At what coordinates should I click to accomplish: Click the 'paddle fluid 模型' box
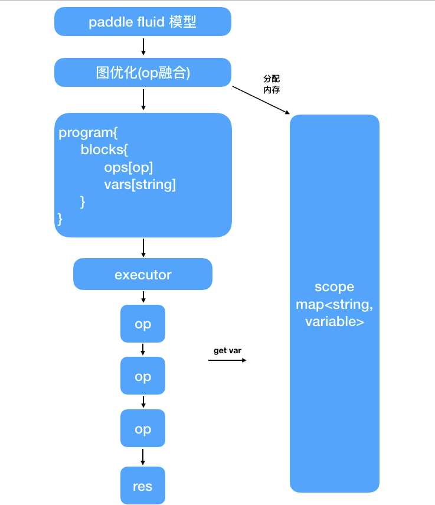(x=142, y=22)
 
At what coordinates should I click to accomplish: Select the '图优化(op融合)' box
(x=142, y=73)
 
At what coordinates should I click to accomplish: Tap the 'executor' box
(x=142, y=275)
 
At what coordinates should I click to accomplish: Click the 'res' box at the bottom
(x=142, y=486)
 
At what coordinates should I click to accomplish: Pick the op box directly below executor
(x=142, y=324)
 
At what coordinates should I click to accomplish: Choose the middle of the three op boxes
(x=142, y=377)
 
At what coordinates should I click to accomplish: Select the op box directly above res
(x=142, y=429)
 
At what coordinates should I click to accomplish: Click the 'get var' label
(x=227, y=350)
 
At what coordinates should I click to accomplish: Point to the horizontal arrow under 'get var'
(x=227, y=359)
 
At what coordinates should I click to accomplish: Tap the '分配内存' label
(x=272, y=84)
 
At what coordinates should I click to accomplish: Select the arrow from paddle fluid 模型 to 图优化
(x=143, y=47)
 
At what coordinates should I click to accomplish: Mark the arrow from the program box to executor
(x=143, y=247)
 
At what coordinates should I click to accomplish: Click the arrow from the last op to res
(x=143, y=457)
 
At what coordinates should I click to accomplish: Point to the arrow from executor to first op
(x=143, y=298)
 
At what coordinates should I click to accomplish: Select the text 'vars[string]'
(x=140, y=184)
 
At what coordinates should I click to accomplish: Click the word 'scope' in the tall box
(x=334, y=287)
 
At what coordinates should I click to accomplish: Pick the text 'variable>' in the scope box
(x=334, y=322)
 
